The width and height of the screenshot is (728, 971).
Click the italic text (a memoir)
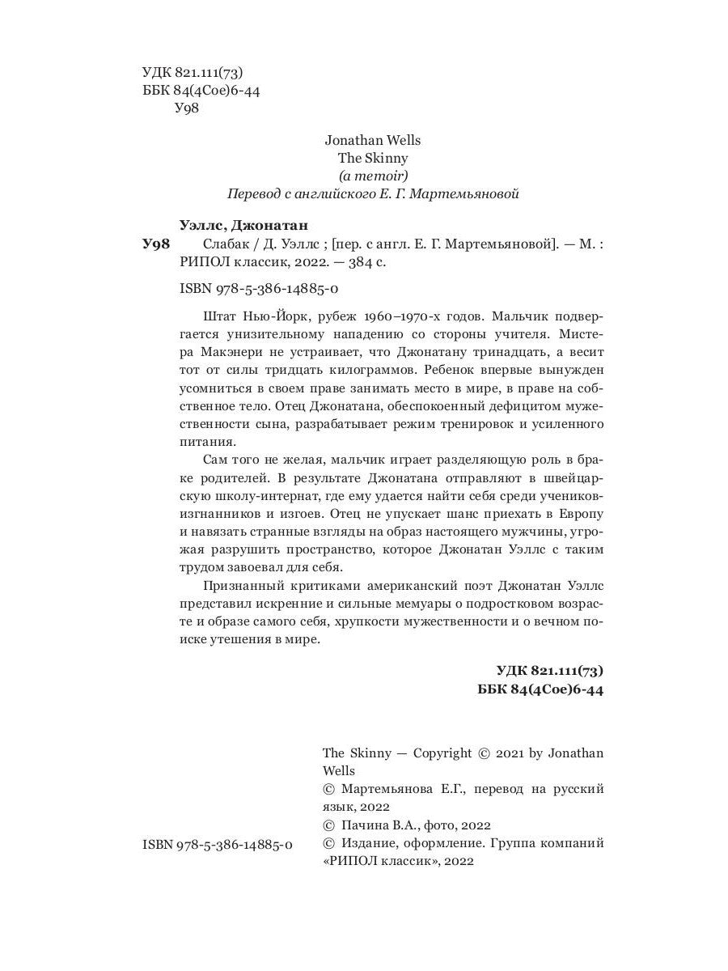[372, 176]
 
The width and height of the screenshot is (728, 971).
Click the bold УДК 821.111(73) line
[549, 671]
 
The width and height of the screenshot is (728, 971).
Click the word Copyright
[442, 753]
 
